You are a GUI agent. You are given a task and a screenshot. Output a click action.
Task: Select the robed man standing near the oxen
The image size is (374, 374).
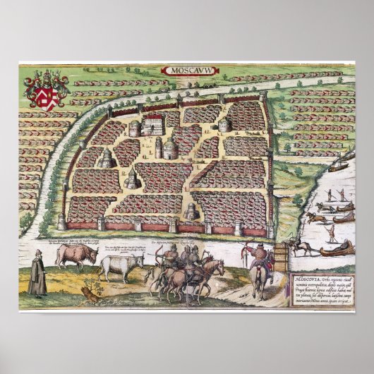[40, 274]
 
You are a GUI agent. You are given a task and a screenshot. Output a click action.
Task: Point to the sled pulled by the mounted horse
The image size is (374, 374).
[337, 249]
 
